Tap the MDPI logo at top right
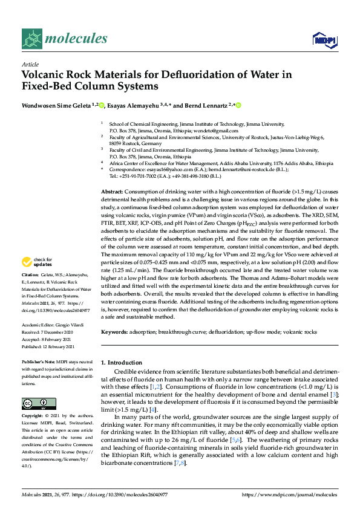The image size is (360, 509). [x=321, y=40]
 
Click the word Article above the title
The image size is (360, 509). [x=29, y=63]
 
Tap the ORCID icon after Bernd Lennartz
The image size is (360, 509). [x=239, y=105]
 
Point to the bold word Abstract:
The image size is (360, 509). [x=114, y=191]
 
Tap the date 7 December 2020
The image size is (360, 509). [x=59, y=331]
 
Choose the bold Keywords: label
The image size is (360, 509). [x=115, y=332]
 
